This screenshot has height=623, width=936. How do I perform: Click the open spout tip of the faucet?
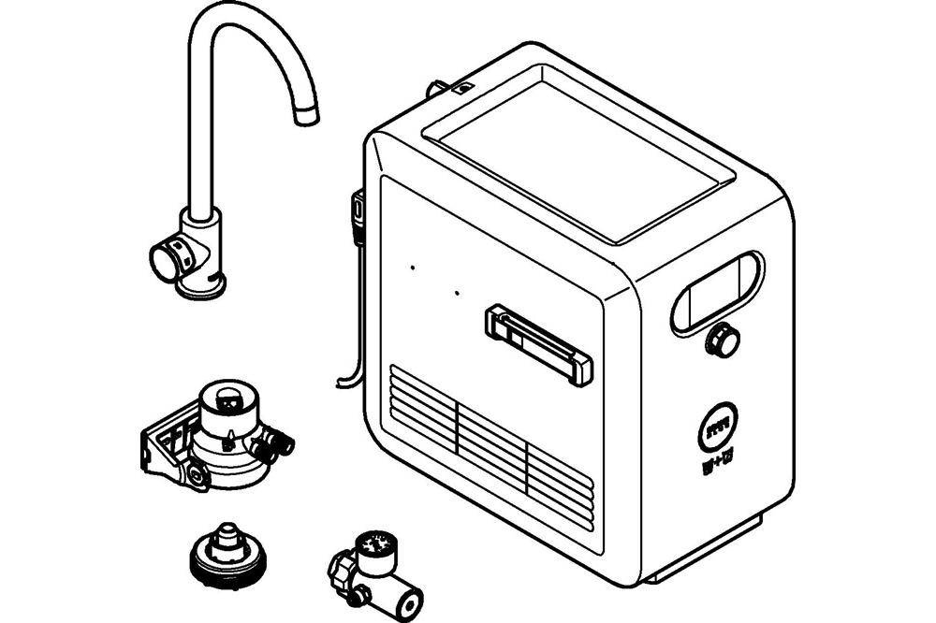(x=305, y=117)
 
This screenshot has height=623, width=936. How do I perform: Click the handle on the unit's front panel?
(x=538, y=343)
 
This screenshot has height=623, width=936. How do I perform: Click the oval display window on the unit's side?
(x=717, y=289)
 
